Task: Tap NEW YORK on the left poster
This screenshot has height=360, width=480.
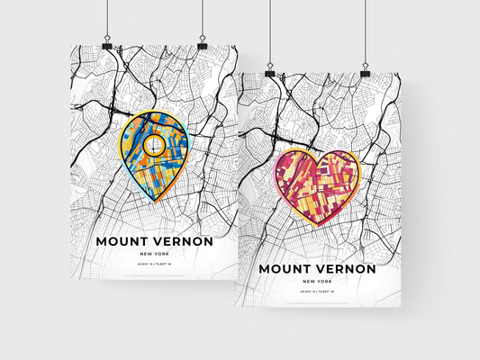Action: [x=154, y=255]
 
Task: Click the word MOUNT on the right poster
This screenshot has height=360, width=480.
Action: [x=285, y=268]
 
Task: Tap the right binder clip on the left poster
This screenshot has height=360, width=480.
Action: [x=202, y=44]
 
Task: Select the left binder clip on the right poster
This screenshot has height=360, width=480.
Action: [x=269, y=70]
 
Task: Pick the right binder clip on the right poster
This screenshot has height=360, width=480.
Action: [x=366, y=70]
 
